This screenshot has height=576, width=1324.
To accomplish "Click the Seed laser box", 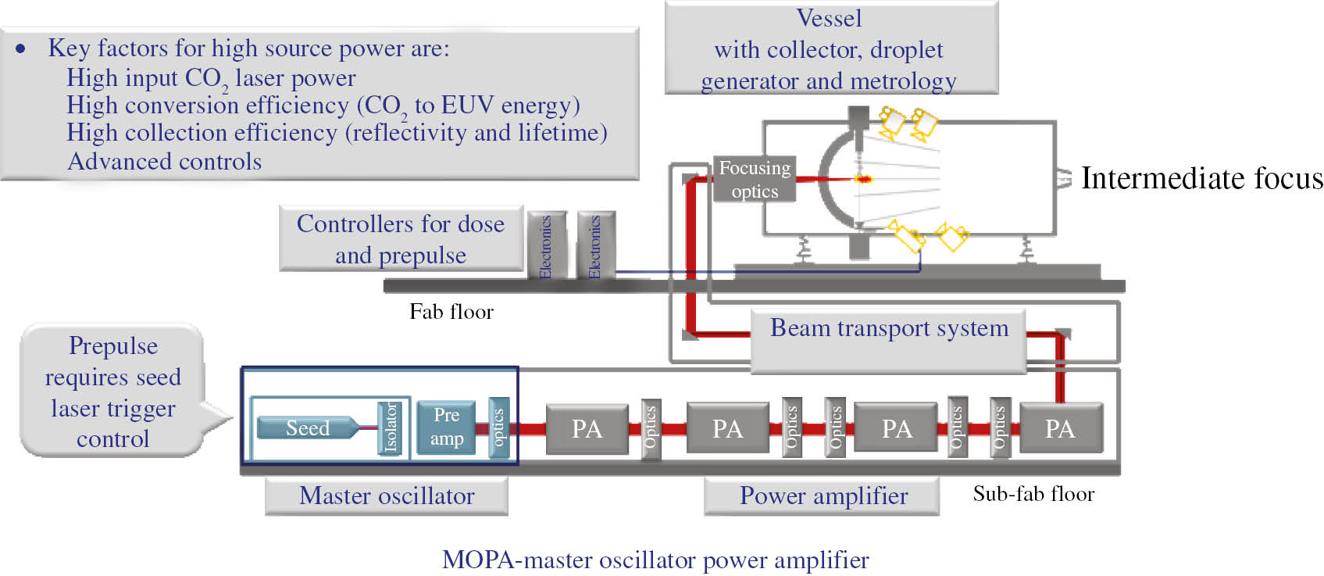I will click(308, 428).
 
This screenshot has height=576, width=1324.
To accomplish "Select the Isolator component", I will click(389, 427).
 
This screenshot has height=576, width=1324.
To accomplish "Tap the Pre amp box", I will click(446, 427).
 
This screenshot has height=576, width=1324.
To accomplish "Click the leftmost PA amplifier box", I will click(587, 428).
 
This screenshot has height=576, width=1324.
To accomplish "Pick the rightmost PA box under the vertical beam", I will click(1060, 428).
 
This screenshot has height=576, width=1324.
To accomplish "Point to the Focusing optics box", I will click(755, 180).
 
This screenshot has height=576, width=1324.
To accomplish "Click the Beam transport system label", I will click(889, 328).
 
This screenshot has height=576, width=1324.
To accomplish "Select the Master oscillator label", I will click(387, 496).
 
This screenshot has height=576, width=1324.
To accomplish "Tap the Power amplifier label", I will click(823, 496).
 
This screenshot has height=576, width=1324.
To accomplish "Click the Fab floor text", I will click(451, 312).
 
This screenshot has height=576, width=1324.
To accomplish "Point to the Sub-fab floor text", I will click(1033, 494).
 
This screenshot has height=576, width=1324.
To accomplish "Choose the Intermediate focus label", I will click(1201, 179).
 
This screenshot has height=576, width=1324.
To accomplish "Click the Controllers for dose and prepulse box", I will click(401, 239).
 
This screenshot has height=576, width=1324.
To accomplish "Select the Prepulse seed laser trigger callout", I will click(113, 392).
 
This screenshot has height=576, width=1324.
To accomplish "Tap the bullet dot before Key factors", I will click(21, 48).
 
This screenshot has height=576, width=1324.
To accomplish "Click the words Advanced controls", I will click(164, 161).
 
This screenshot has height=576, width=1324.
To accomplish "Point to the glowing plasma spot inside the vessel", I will click(864, 179).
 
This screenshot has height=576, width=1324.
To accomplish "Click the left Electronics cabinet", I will click(545, 245).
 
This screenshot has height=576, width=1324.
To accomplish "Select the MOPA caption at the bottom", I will click(655, 560).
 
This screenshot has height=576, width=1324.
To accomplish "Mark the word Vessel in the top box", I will click(829, 18).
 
